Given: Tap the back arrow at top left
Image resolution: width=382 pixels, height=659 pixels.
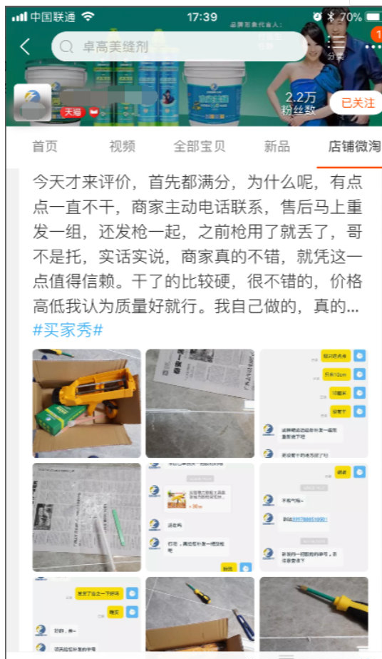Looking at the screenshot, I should [x=25, y=47].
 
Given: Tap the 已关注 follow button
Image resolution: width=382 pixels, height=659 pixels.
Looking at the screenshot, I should [x=357, y=103].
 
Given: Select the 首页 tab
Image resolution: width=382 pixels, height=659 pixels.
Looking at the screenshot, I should [x=44, y=146].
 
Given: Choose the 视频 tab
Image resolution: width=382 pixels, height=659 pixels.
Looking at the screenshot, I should [x=122, y=146].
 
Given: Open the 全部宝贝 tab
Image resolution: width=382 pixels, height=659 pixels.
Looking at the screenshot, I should [x=200, y=146].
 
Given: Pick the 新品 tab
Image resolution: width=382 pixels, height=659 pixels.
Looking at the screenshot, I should [x=277, y=146].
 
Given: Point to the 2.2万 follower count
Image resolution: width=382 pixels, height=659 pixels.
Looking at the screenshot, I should [x=300, y=98].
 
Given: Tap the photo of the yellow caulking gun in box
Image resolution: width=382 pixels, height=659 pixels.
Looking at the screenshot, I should [x=86, y=403].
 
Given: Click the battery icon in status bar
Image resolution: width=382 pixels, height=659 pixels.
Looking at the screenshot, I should [x=372, y=16].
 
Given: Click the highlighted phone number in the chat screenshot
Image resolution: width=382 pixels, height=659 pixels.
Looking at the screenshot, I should [x=305, y=518].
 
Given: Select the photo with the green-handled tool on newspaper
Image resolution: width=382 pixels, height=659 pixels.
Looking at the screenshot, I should [x=86, y=517].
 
